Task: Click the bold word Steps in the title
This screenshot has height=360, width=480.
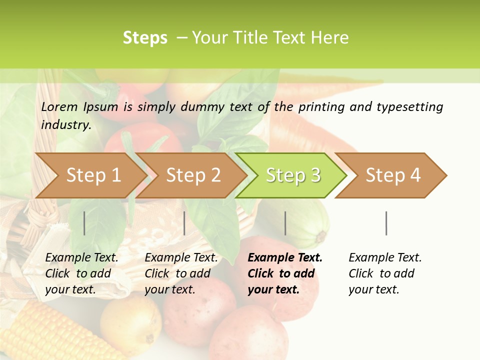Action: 145,38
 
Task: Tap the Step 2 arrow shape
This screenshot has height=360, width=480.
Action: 193,175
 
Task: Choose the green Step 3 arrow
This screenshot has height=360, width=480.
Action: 293,175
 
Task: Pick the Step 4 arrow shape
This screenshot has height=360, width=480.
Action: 393,175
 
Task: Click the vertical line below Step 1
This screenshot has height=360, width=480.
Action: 84,223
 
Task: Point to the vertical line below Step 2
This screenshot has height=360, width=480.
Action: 184,223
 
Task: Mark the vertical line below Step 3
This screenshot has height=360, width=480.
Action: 285,223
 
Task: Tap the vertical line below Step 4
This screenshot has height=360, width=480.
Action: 386,223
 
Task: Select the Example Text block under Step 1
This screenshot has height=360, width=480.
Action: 81,273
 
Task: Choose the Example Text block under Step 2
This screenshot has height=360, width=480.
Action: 181,273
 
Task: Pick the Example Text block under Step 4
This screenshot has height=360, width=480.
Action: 385,273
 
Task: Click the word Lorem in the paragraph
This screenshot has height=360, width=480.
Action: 59,106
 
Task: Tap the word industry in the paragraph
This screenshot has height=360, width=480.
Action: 65,125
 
